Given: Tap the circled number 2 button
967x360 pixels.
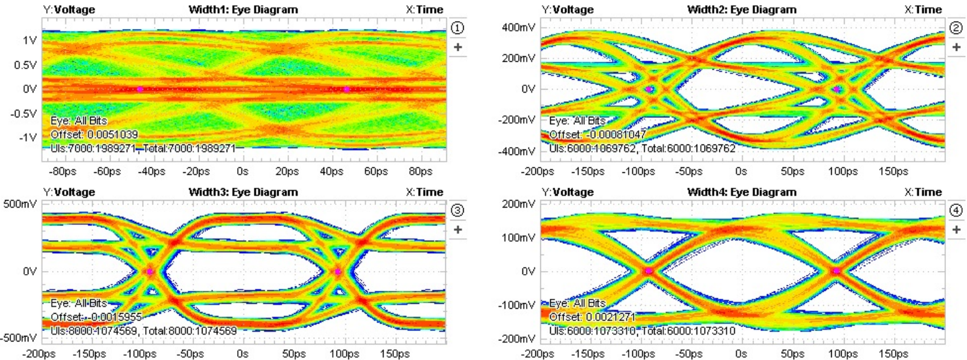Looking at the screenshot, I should (x=955, y=28).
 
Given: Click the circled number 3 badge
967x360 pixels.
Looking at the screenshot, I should (x=458, y=211).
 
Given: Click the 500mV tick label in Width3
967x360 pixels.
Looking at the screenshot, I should (x=20, y=204).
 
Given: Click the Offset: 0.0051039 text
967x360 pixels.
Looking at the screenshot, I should (x=94, y=134).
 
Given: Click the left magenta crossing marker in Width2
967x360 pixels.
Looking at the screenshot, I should (x=650, y=89).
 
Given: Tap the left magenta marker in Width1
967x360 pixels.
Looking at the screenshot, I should (x=140, y=89).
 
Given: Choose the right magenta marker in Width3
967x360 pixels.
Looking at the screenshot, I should (x=338, y=271).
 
